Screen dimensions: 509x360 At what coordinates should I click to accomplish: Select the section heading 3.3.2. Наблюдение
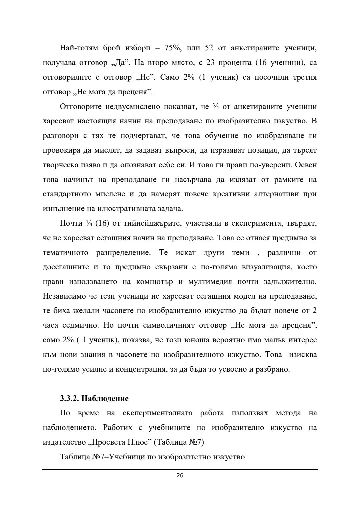pyautogui.click(x=94, y=398)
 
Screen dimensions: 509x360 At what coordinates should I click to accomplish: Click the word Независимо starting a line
pyautogui.click(x=63, y=296)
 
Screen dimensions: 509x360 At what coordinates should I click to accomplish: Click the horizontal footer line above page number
pyautogui.click(x=180, y=470)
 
